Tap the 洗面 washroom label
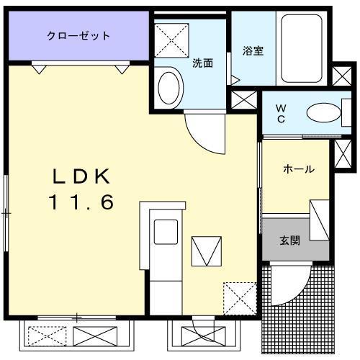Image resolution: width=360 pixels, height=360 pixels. (x=202, y=63)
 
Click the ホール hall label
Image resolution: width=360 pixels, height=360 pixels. (x=298, y=170)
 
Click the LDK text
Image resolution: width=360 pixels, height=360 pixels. (x=80, y=176)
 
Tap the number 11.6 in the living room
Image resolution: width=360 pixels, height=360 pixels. (x=81, y=203)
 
